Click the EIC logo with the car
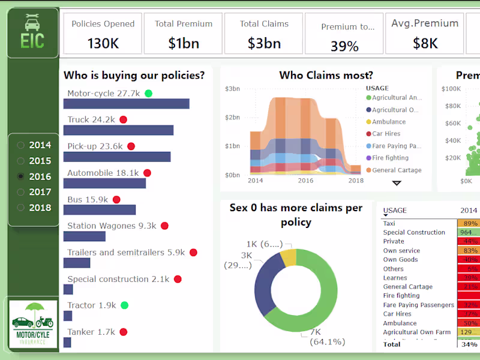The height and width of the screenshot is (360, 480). [x=32, y=33]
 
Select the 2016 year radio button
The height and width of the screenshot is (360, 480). [x=22, y=176]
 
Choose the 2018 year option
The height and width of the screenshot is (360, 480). [x=22, y=208]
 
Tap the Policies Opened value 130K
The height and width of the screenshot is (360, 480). [x=103, y=43]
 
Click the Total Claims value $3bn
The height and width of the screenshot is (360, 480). [x=264, y=43]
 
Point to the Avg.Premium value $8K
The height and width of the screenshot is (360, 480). [x=425, y=43]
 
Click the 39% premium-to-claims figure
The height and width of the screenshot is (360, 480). [x=344, y=46]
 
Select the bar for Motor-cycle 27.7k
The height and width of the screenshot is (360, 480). [x=126, y=104]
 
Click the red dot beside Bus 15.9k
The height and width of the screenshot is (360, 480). [x=116, y=200]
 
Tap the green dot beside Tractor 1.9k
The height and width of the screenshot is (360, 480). [x=124, y=305]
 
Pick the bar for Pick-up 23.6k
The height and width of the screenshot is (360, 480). [x=117, y=157]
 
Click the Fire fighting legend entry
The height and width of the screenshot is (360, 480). [x=390, y=158]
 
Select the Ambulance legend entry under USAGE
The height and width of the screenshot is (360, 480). [x=388, y=122]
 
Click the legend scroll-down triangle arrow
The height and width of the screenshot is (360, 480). [x=397, y=183]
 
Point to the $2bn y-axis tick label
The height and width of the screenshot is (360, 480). [x=232, y=118]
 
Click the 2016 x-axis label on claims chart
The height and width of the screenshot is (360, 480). [x=305, y=181]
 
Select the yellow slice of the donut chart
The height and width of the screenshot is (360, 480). [x=288, y=258]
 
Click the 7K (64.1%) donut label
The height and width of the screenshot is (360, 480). [x=328, y=338]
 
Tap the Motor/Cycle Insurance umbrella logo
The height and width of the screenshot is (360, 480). [x=33, y=324]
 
